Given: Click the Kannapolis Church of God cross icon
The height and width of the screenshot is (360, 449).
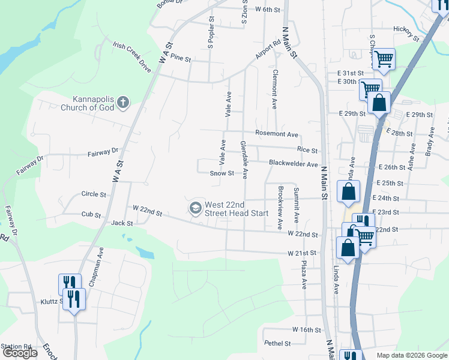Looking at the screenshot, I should click(123, 102).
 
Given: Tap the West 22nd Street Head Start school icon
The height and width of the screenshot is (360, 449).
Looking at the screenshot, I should click(195, 208).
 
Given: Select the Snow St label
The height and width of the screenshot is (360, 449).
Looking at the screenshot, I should click(221, 173).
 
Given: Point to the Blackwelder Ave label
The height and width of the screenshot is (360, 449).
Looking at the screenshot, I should click(293, 164).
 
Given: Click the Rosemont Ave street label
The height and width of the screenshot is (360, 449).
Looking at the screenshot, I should click(277, 134).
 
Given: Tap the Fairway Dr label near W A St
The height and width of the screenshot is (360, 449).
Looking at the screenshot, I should click(103, 152).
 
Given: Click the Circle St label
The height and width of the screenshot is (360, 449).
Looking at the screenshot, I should click(93, 194).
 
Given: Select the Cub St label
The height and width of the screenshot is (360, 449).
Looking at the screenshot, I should click(91, 214).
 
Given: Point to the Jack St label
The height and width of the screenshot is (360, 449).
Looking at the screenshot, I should click(121, 223).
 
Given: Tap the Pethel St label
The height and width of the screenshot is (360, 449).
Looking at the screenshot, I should click(277, 344).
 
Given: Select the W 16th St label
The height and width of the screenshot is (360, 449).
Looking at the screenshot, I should click(307, 330).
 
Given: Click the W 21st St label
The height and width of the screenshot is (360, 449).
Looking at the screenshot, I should click(301, 253).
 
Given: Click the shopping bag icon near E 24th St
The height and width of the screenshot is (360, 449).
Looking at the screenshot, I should click(349, 192).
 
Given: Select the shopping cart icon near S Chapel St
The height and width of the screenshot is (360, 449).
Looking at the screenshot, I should click(383, 59).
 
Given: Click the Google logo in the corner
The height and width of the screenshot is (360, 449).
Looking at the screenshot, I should click(20, 353).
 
